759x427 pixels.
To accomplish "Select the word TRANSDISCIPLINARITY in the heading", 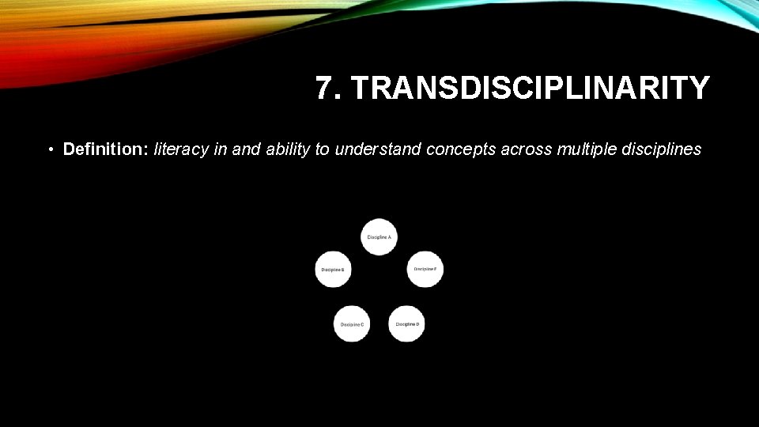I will coord(531,89).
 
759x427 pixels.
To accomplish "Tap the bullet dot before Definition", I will coord(49,149).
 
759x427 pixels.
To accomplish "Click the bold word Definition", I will coord(105,149).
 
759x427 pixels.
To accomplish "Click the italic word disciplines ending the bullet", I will coord(662,149).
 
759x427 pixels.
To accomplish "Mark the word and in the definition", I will coord(246,149).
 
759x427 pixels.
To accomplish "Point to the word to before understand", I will coord(323,149).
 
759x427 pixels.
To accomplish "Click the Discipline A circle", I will coord(379,236).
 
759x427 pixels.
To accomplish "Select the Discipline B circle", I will coord(333,270).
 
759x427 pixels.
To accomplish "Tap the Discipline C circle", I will coord(352,323).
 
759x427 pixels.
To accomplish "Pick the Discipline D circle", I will coord(407,323).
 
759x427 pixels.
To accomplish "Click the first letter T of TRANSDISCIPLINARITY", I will coord(361,89).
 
